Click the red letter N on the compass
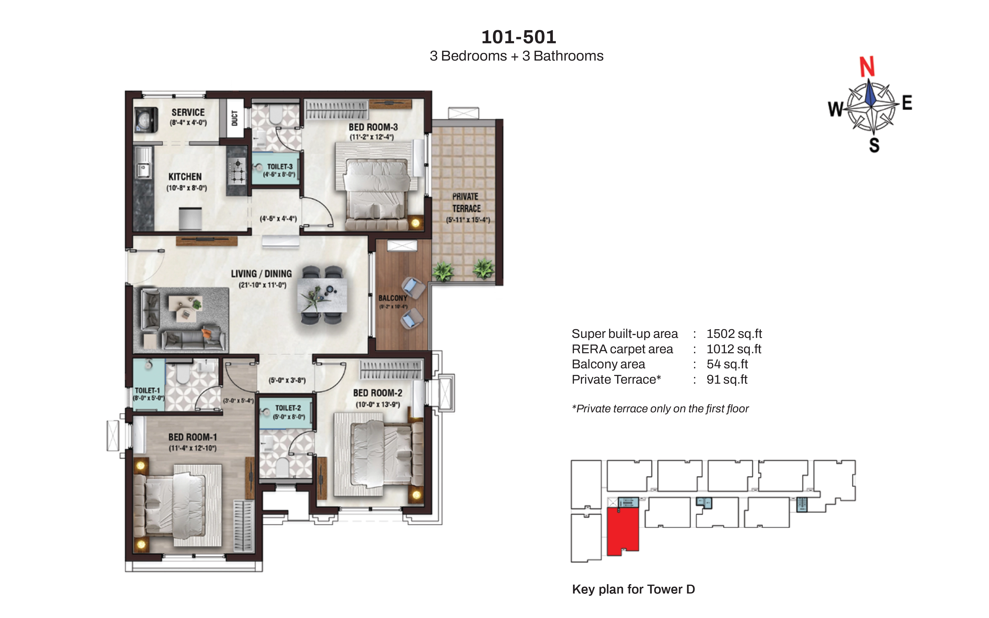[x=867, y=67]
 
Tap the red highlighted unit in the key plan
[x=622, y=530]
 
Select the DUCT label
[x=235, y=118]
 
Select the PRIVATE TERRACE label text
[x=466, y=202]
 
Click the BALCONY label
[x=393, y=298]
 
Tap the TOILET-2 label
[x=288, y=408]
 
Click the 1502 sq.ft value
[x=734, y=334]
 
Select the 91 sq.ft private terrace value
[x=727, y=380]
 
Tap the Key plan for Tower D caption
[x=633, y=589]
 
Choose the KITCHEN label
[x=185, y=177]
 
